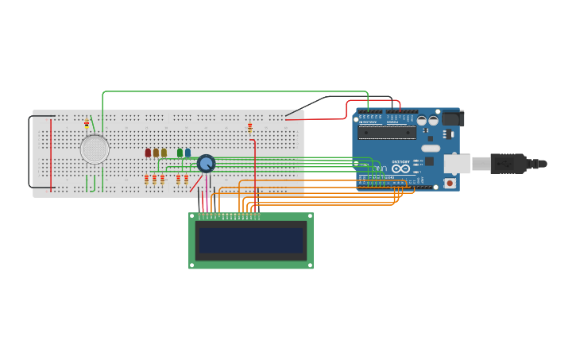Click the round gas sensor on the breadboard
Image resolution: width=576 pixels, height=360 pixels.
point(95,149)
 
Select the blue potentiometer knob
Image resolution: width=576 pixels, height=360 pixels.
point(206,164)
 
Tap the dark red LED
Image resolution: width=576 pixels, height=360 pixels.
point(148,153)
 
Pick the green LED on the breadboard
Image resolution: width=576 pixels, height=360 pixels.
point(180,153)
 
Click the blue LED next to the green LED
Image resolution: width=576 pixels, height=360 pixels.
point(187,153)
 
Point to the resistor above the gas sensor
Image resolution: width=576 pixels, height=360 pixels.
point(87,124)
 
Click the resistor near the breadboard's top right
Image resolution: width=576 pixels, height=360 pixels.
point(249,126)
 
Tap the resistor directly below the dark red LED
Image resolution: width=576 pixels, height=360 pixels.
point(147,180)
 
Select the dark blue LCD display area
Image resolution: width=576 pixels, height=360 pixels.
point(251,240)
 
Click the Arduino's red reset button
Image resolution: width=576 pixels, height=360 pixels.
point(450,183)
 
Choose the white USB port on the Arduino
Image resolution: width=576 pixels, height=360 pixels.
point(456,164)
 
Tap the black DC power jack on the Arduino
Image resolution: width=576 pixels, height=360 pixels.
point(452,118)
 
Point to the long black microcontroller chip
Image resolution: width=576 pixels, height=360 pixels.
point(386,133)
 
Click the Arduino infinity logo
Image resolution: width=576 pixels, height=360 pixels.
point(401,168)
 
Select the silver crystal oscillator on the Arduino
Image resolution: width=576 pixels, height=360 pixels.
point(431,148)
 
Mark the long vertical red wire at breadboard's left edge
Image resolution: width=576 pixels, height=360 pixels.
point(51,155)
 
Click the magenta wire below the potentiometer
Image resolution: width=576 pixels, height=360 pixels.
point(207,191)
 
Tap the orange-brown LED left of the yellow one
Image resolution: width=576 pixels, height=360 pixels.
point(156,153)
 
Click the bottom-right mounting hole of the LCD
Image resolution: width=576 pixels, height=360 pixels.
point(309,265)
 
